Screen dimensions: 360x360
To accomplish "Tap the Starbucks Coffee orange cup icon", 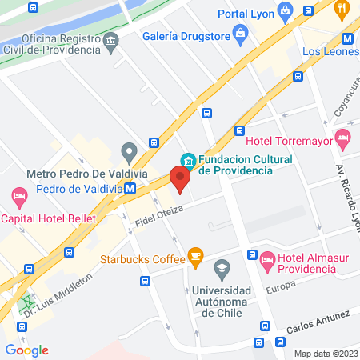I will pyautogui.click(x=194, y=257).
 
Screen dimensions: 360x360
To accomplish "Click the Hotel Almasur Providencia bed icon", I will pyautogui.click(x=268, y=258).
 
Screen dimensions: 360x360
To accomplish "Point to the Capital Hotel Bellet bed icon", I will pyautogui.click(x=17, y=195).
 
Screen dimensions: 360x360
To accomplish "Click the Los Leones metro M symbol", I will pyautogui.click(x=348, y=38).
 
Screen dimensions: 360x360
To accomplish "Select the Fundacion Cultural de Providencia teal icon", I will pyautogui.click(x=187, y=159).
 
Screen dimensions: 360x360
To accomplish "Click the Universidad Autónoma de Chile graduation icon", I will pyautogui.click(x=222, y=267).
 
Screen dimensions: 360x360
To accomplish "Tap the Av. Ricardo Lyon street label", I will pyautogui.click(x=344, y=196).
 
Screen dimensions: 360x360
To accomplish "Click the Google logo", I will pyautogui.click(x=26, y=350).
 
